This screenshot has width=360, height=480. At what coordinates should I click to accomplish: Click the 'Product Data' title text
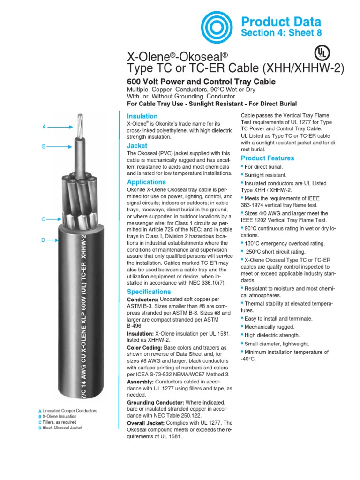point(280,22)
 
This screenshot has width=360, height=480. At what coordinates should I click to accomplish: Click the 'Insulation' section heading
point(142,116)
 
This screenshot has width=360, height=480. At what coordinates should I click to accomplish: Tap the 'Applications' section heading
point(147,182)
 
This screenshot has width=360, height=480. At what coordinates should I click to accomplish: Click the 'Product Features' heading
point(267,158)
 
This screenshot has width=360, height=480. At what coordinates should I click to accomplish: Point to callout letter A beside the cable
point(44,126)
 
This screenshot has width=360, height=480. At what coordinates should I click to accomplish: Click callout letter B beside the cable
point(44,146)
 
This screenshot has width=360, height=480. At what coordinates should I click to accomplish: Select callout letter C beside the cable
point(43,219)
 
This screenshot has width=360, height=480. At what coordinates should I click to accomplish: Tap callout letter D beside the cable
point(43,240)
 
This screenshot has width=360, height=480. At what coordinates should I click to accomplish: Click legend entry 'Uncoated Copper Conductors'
point(69,411)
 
